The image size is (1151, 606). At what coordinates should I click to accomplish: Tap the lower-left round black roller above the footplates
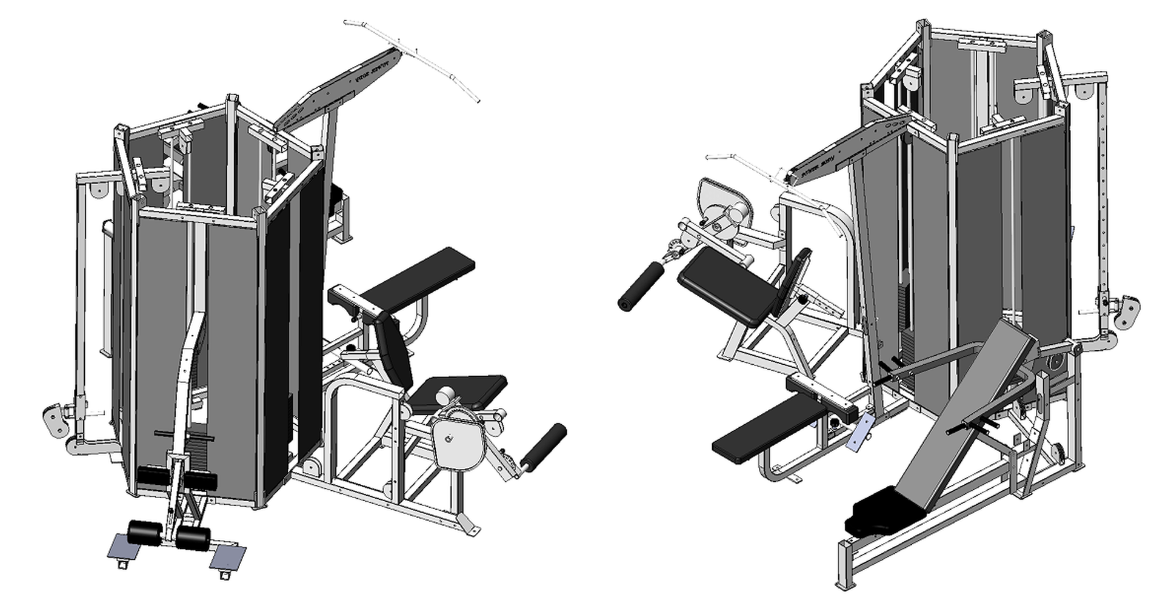pyautogui.click(x=144, y=532)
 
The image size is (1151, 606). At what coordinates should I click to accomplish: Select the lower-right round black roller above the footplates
pyautogui.click(x=193, y=538)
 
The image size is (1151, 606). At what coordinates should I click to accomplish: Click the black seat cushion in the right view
pyautogui.click(x=727, y=285)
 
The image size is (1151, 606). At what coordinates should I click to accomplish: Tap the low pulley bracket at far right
pyautogui.click(x=1127, y=312)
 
